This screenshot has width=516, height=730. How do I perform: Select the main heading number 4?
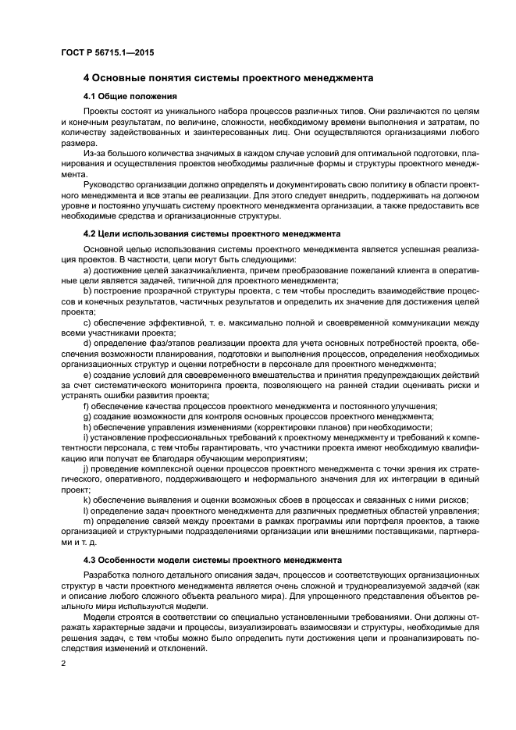click(86, 78)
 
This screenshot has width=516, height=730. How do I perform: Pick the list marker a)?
click(87, 269)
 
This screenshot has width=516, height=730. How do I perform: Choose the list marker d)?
click(87, 342)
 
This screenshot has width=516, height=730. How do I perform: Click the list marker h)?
click(87, 426)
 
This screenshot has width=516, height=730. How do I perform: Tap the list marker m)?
click(88, 521)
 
